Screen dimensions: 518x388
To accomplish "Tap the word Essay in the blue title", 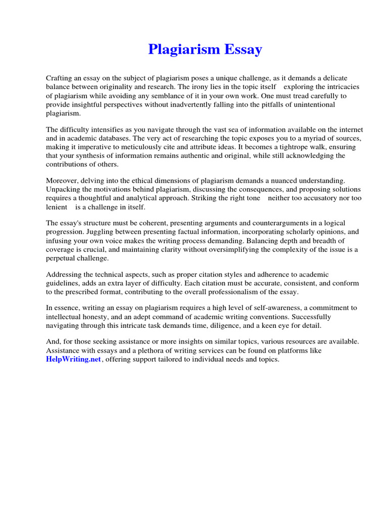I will coord(244,50).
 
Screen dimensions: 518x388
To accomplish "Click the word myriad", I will coord(308,138).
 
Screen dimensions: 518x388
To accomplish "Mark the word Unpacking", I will coord(63,189).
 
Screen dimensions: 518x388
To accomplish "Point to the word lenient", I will coord(57,207).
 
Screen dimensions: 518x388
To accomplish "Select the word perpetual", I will coord(63,258).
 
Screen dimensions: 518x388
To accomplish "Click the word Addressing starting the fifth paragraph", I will coord(64,274).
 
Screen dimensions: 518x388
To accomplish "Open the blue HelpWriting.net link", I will coord(74,360).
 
